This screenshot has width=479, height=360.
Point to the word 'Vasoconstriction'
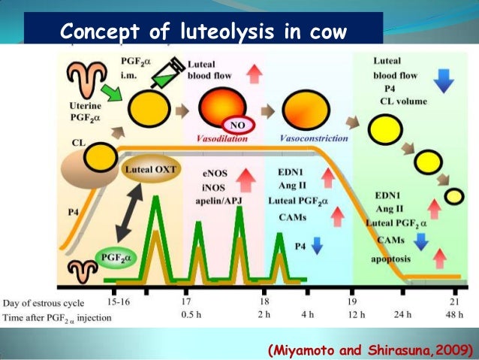[313, 139]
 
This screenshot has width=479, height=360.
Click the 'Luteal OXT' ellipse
[150, 170]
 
